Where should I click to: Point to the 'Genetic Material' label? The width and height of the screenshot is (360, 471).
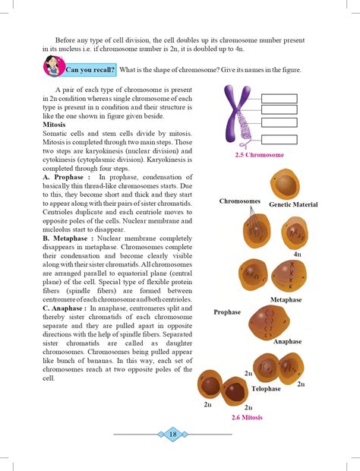293,205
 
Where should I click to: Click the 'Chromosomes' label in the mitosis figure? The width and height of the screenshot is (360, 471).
240,201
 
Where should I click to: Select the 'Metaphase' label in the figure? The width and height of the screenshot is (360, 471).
286,300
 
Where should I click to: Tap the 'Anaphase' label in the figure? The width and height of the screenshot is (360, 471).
287,341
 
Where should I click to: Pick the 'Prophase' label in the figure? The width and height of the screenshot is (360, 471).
227,312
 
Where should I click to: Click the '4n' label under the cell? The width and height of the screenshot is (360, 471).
298,254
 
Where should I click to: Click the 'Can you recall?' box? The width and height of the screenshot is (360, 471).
90,70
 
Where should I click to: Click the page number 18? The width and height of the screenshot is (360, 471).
172,434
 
